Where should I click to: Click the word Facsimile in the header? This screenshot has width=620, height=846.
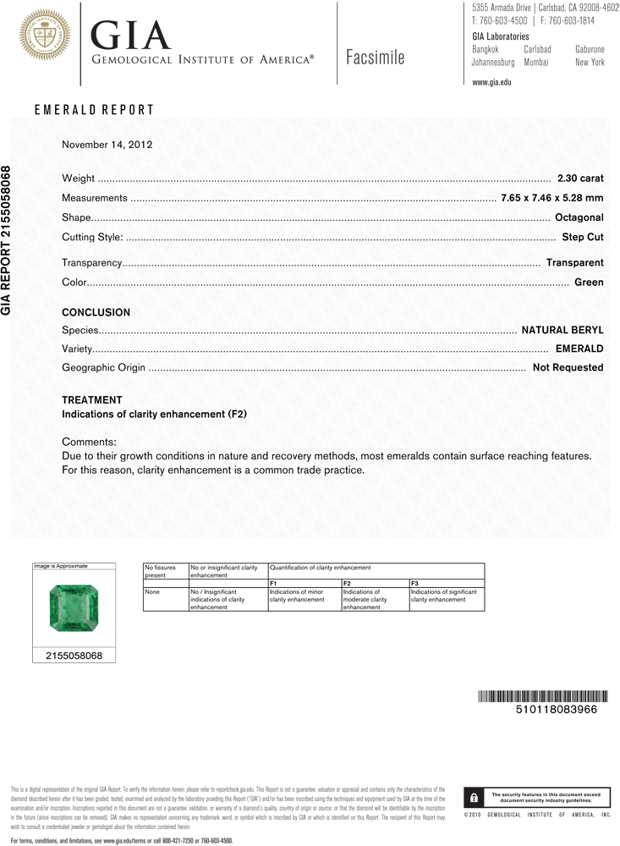[376, 58]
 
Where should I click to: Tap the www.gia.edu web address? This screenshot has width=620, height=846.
[491, 82]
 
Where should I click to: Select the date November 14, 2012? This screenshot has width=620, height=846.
[107, 145]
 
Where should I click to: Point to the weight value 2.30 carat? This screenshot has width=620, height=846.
[580, 179]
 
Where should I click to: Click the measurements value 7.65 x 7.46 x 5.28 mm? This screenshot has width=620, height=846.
[551, 198]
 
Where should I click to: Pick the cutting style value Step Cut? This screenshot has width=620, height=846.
[582, 238]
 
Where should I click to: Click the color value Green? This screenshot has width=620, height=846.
[589, 282]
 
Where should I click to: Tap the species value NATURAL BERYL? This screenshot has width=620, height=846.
[562, 330]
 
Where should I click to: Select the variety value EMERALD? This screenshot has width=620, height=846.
[579, 349]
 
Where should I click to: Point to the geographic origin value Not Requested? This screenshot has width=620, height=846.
[568, 368]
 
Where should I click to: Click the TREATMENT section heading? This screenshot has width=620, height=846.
[92, 400]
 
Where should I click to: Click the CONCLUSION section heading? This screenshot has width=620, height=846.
[96, 313]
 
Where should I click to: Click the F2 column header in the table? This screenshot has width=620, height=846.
[347, 584]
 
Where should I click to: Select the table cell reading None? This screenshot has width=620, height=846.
[153, 592]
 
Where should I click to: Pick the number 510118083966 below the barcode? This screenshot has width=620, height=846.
[556, 710]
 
